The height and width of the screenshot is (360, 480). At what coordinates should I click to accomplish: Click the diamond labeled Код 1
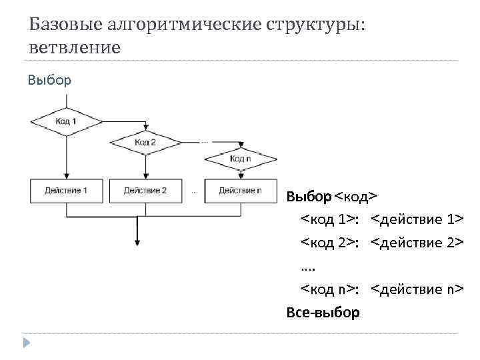click(x=66, y=121)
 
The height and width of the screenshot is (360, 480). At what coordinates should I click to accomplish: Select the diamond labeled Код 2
click(x=145, y=141)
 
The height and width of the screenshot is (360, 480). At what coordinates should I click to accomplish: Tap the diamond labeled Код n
click(x=240, y=158)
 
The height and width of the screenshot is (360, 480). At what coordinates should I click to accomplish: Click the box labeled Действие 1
click(x=66, y=191)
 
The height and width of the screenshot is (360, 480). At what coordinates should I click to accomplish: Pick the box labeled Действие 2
click(x=145, y=191)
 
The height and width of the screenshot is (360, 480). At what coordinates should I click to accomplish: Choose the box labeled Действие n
click(x=240, y=191)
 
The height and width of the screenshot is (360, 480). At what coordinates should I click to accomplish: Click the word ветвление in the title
click(x=75, y=48)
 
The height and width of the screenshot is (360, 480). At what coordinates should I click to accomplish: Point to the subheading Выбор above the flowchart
click(x=49, y=81)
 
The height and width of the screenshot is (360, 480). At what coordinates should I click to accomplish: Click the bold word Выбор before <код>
click(x=308, y=197)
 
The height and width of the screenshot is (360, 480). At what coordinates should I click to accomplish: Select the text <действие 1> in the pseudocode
click(x=417, y=220)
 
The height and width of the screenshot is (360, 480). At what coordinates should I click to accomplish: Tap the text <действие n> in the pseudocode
click(x=417, y=289)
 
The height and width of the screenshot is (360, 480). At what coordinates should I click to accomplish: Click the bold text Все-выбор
click(x=323, y=312)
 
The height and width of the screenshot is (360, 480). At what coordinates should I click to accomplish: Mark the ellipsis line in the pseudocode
click(x=309, y=266)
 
